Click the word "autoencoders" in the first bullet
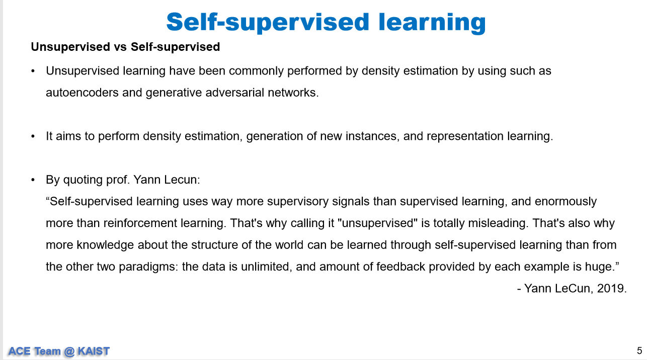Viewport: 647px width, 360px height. click(x=82, y=93)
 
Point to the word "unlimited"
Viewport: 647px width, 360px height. click(x=265, y=267)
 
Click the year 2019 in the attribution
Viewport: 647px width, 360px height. click(x=611, y=289)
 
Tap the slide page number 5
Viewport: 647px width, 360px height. click(x=639, y=351)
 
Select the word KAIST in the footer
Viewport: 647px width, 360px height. click(x=94, y=351)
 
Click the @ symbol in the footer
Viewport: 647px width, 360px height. click(x=69, y=351)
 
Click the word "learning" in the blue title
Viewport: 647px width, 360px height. click(x=432, y=23)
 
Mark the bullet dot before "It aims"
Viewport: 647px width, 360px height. click(x=33, y=136)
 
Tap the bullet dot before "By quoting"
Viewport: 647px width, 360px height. click(x=33, y=180)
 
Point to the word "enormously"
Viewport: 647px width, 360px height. click(x=565, y=201)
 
